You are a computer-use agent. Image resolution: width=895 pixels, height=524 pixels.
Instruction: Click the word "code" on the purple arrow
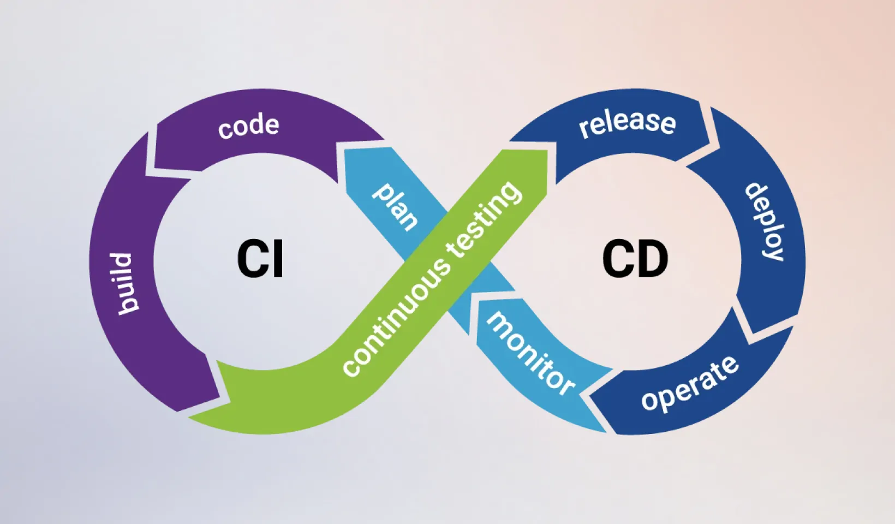(249, 127)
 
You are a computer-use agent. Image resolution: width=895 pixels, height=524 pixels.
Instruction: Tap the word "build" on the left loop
(124, 283)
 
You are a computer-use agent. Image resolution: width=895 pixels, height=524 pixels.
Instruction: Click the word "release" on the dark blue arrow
(627, 122)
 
